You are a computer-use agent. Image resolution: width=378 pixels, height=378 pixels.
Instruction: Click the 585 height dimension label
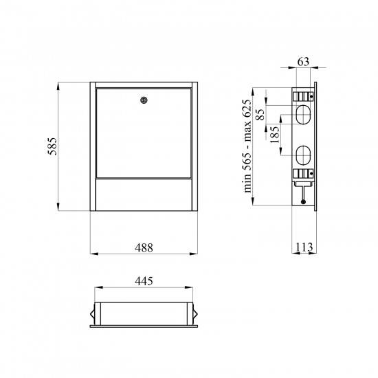[52, 146]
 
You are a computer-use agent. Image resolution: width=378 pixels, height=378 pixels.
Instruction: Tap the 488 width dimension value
[144, 247]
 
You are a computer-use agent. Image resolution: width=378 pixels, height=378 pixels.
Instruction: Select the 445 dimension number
[144, 281]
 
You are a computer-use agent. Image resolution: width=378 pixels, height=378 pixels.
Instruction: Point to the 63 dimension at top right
[303, 62]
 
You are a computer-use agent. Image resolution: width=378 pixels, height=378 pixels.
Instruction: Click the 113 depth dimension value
[304, 247]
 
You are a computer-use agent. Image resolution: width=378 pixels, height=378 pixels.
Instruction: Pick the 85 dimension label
[260, 115]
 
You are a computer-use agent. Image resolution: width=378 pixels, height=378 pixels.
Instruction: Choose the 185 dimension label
[275, 135]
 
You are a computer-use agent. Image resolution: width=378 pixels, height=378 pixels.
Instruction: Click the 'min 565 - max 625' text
[247, 146]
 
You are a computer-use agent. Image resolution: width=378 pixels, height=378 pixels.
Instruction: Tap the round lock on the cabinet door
[144, 100]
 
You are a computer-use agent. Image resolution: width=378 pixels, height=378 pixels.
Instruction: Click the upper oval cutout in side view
[303, 115]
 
